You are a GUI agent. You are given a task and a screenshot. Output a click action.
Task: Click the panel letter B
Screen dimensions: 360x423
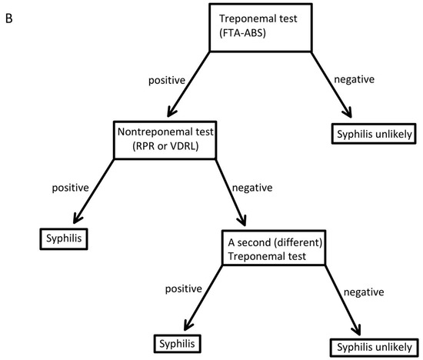[x=10, y=14]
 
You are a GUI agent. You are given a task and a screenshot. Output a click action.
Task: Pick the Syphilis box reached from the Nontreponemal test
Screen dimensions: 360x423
[x=62, y=239]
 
